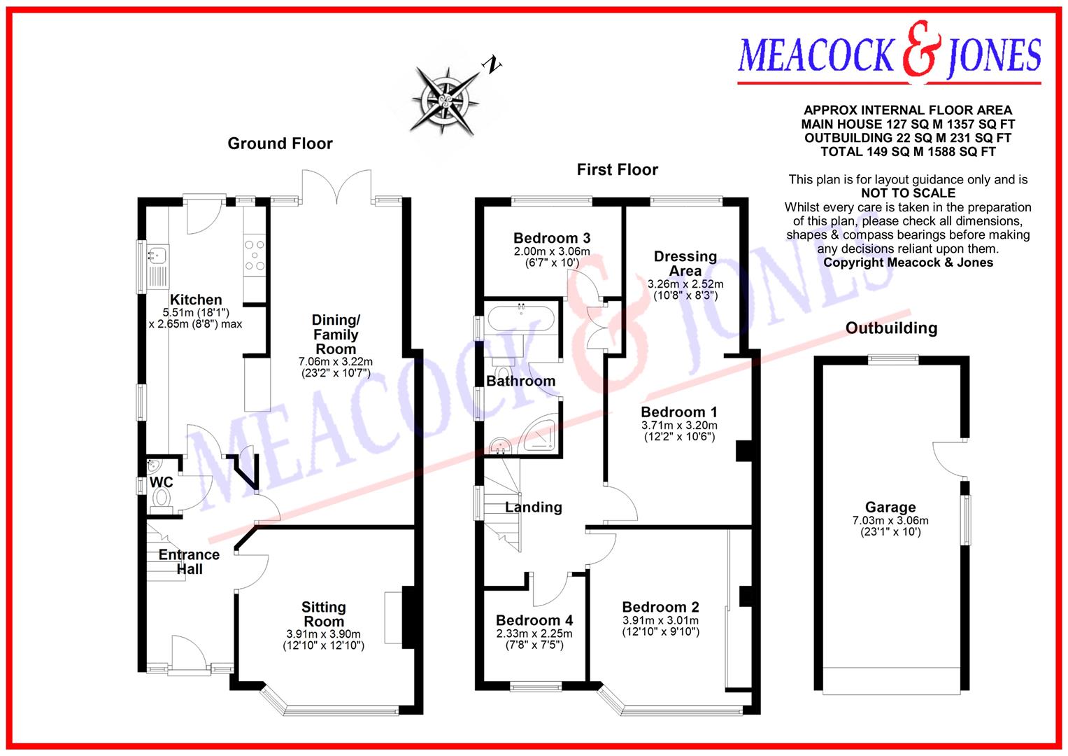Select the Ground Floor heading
280,143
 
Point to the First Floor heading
617,169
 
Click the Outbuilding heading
891,328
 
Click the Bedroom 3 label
552,238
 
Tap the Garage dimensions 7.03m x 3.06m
890,521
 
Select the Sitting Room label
323,614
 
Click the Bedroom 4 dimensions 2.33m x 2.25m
534,633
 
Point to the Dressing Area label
685,263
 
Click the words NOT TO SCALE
908,193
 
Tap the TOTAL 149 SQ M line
908,152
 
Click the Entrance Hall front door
187,654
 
